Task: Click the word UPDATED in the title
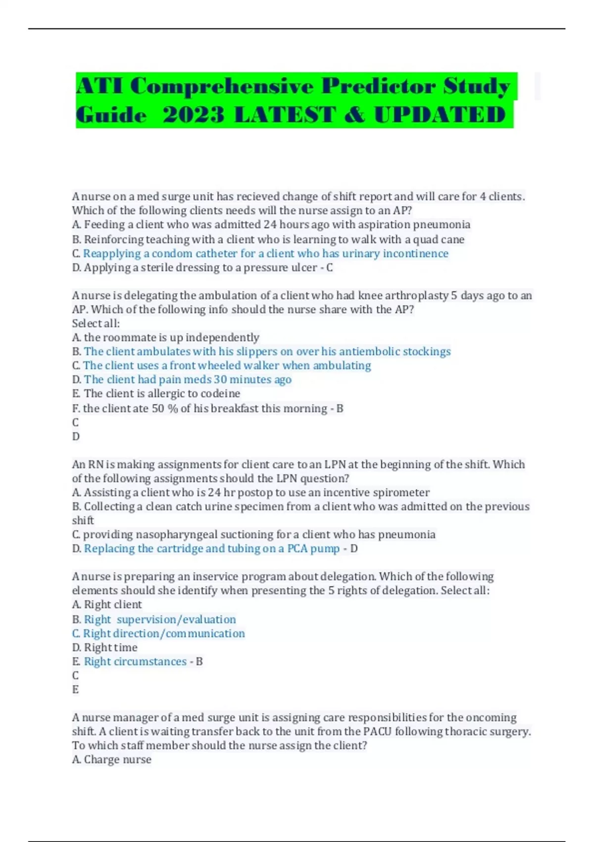(x=440, y=115)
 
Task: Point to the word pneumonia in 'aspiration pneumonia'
(x=442, y=225)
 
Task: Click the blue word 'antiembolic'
(x=369, y=352)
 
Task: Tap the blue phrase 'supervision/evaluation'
(x=176, y=620)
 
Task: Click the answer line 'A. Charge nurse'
(x=112, y=760)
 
